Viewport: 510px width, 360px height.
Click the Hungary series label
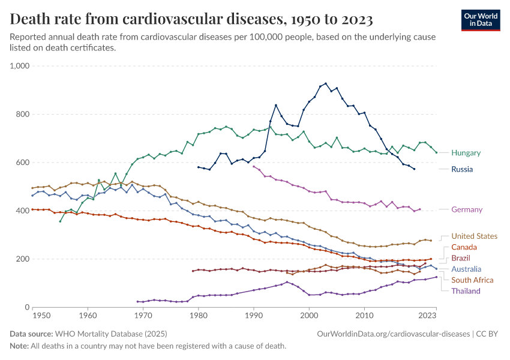466,153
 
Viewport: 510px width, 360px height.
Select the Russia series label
463,169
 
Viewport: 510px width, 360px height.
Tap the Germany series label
467,209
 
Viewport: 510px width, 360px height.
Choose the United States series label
474,236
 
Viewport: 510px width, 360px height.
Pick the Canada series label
464,247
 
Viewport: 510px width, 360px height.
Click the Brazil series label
461,258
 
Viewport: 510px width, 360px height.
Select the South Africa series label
472,280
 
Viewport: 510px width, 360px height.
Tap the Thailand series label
466,291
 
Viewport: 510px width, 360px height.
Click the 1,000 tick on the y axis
19,66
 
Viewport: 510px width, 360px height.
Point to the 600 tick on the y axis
23,163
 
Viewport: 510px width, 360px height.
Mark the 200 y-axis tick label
23,259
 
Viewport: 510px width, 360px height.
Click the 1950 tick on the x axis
41,315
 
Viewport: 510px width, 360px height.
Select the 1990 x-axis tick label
254,315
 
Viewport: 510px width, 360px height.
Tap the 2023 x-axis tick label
427,315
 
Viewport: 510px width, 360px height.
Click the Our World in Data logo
480,19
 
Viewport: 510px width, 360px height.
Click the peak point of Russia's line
326,83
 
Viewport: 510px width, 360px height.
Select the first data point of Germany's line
254,166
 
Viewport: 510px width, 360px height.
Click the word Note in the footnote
19,346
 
